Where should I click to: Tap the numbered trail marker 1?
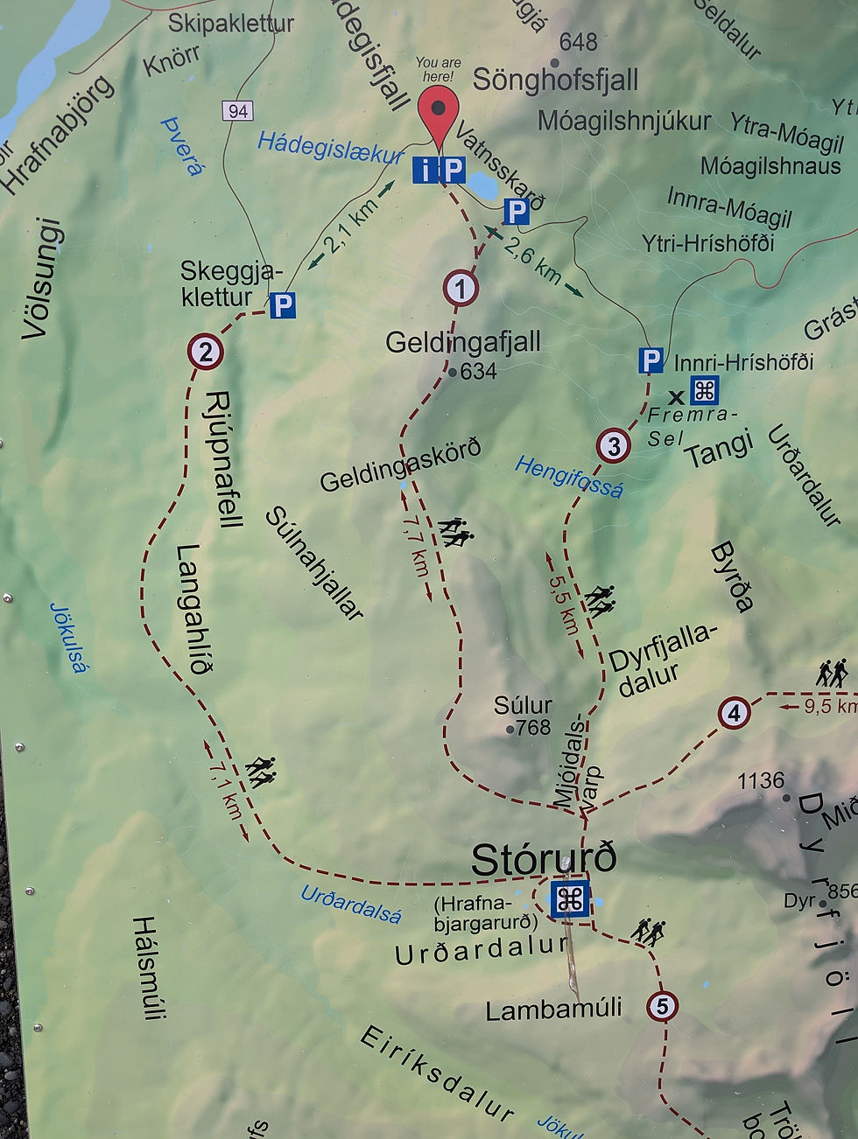click(461, 288)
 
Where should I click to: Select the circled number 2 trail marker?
click(205, 352)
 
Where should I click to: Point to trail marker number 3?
click(614, 446)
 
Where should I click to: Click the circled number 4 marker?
click(734, 713)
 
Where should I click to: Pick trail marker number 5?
click(662, 1007)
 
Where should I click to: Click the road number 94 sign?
click(238, 111)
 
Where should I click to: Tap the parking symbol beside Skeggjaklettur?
click(282, 305)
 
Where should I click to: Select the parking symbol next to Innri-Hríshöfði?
click(650, 360)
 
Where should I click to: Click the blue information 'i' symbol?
click(425, 170)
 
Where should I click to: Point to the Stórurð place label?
click(543, 859)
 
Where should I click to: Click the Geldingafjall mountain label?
click(463, 342)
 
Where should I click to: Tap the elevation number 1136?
click(761, 780)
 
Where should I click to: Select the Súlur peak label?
click(523, 705)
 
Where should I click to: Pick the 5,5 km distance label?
click(565, 604)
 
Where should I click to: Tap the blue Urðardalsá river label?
click(351, 905)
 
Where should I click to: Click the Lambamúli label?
click(553, 1010)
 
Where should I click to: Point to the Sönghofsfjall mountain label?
click(556, 80)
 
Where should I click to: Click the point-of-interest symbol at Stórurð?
click(570, 899)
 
